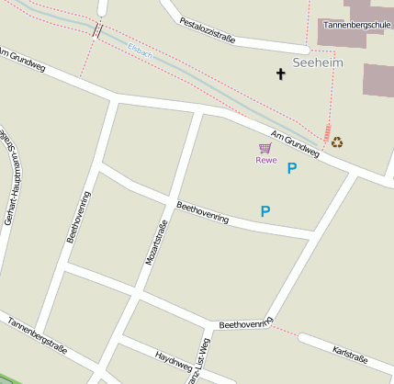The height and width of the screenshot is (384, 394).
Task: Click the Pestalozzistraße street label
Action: (x=208, y=30)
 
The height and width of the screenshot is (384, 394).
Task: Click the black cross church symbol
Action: (x=281, y=73)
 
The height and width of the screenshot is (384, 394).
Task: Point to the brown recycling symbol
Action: (x=337, y=142)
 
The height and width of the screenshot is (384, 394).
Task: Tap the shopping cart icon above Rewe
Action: (x=265, y=148)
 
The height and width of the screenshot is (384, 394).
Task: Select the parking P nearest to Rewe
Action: (x=292, y=168)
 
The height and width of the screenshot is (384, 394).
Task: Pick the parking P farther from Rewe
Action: (x=265, y=211)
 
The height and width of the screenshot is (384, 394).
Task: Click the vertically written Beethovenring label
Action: (x=78, y=217)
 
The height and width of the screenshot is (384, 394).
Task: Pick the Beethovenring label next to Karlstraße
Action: (x=246, y=323)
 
